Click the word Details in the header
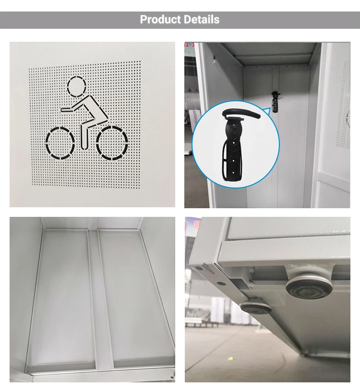tap(201, 20)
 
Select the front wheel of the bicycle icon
tap(60, 142)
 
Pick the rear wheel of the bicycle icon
tap(112, 142)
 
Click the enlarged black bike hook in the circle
tap(235, 144)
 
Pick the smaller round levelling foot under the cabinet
tap(254, 307)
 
